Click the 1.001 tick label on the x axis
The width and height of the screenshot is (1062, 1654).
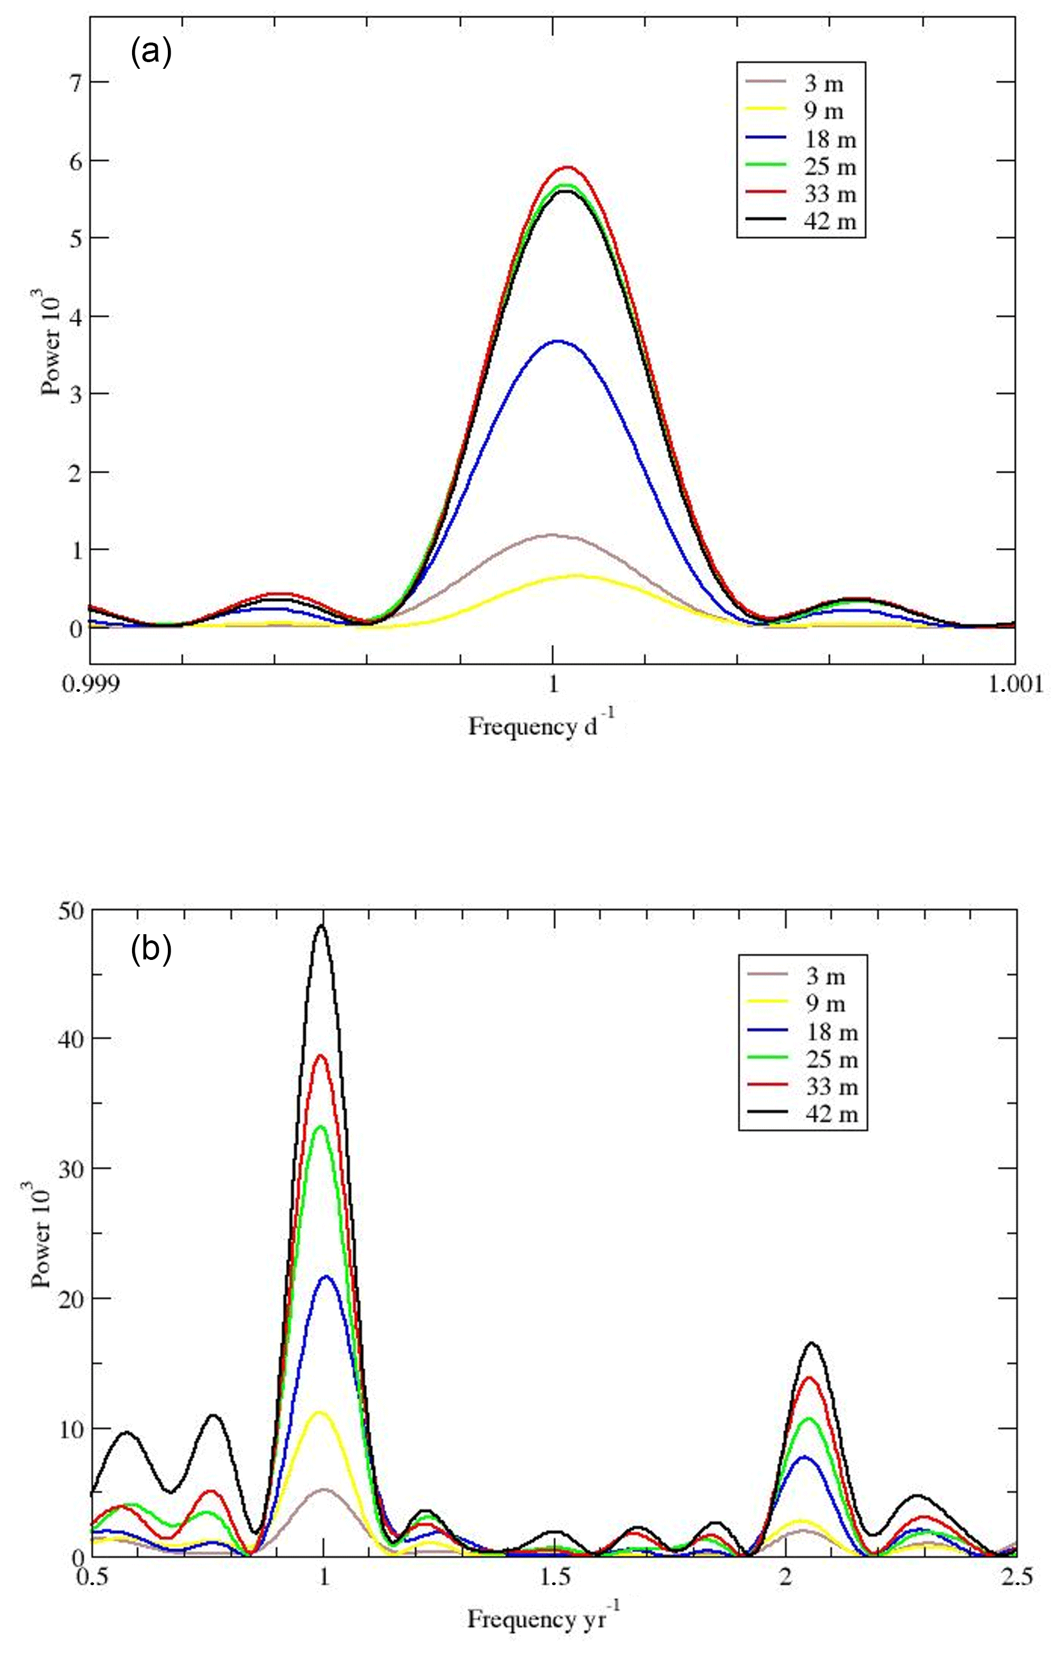point(1014,685)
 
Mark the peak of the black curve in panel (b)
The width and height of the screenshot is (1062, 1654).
point(321,926)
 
